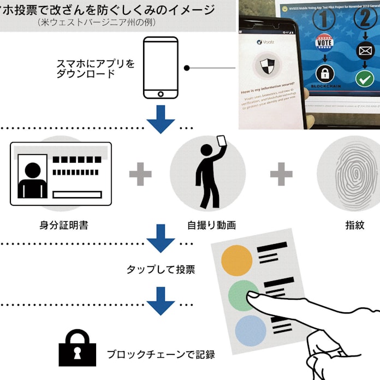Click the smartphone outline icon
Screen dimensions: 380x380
click(161, 68)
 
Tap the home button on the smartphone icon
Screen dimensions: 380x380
click(161, 94)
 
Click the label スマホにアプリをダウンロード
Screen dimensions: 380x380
click(95, 68)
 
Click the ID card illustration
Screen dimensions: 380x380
click(61, 173)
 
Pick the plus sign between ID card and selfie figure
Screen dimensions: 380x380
click(140, 174)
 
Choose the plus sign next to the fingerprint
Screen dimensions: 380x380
click(281, 174)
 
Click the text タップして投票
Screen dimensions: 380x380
click(161, 269)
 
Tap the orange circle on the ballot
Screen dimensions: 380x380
click(237, 260)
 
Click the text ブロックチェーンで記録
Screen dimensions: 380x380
click(161, 354)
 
